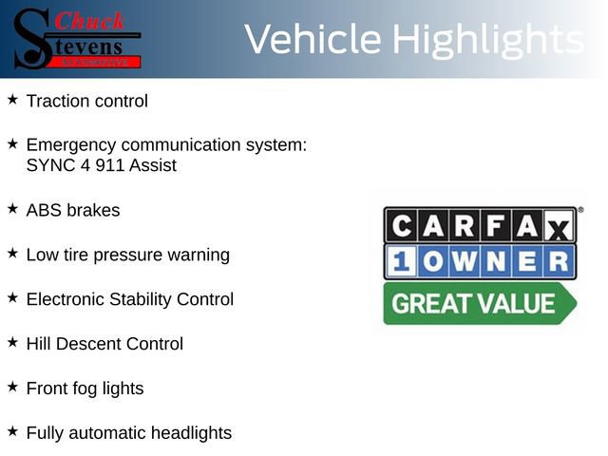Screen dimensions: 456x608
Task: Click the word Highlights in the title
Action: pos(487,40)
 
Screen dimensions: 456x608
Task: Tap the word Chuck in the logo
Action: pos(90,21)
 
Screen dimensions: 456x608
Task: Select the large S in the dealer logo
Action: pos(31,38)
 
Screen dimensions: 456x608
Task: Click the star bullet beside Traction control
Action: pos(12,99)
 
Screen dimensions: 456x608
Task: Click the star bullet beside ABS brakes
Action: pos(12,208)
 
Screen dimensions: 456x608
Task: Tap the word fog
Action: pos(88,389)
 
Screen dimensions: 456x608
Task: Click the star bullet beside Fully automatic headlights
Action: pos(12,430)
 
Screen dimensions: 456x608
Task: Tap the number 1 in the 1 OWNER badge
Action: pos(400,261)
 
